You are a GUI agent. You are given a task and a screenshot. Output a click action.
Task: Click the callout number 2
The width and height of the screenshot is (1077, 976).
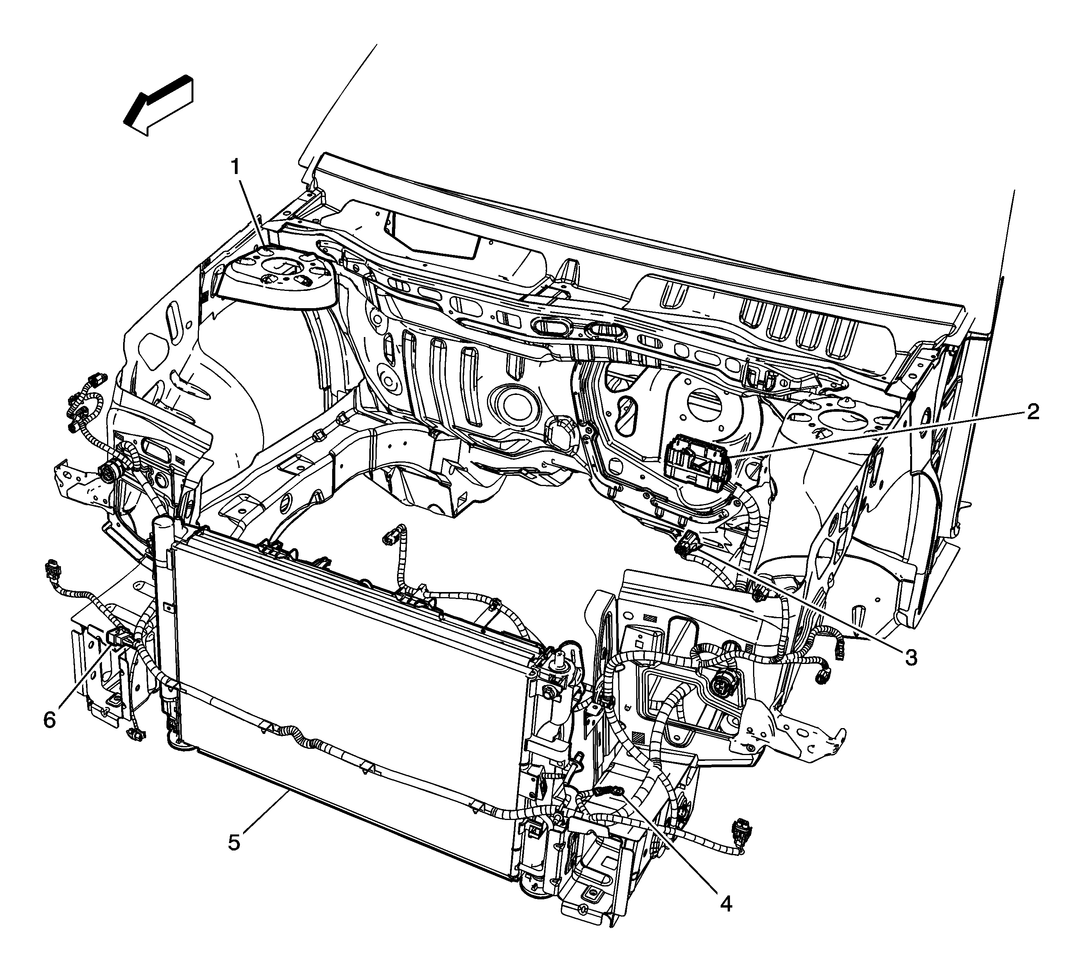click(x=1032, y=412)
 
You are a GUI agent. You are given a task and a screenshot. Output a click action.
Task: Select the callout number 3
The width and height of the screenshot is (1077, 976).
click(x=911, y=657)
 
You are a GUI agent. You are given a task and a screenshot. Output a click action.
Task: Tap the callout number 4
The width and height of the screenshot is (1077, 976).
click(x=725, y=904)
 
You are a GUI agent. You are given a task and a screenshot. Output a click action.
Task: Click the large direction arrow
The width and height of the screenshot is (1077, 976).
click(x=158, y=105)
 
